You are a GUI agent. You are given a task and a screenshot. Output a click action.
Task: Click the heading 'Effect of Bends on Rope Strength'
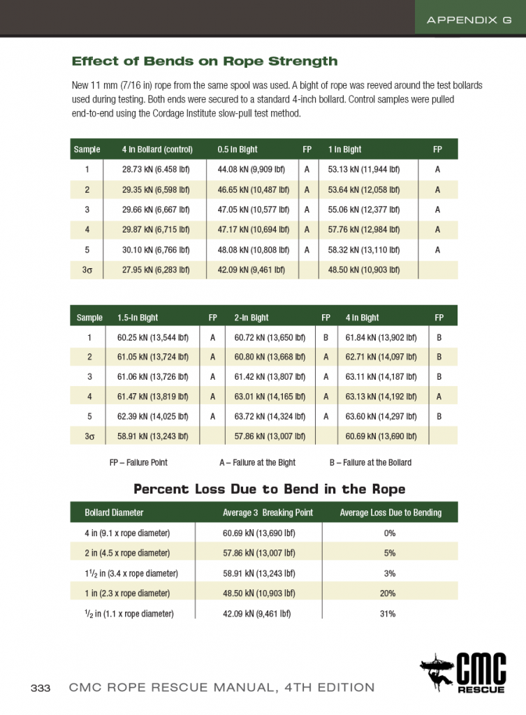[x=205, y=61]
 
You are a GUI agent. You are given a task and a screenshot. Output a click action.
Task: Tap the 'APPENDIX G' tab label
[x=470, y=20]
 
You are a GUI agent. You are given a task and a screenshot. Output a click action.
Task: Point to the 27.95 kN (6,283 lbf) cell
[x=156, y=270]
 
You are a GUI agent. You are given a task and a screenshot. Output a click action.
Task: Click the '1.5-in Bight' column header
[x=138, y=318]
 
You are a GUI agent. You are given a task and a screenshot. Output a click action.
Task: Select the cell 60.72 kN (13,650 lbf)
[x=268, y=337]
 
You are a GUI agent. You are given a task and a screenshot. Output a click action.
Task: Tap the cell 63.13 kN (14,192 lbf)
[x=381, y=397]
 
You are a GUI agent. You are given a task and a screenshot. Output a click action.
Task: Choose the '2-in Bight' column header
[x=251, y=318]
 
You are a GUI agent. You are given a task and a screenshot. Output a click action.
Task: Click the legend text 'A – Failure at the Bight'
[x=257, y=462]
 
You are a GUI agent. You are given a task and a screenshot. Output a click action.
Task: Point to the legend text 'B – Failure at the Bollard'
[x=370, y=462]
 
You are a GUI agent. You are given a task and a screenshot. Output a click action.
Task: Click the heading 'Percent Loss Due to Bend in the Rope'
[x=270, y=489]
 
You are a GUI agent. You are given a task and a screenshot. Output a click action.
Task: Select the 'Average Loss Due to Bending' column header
[x=390, y=513]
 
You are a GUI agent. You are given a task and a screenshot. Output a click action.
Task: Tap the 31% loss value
[x=389, y=614]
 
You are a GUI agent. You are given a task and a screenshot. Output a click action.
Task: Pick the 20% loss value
[x=389, y=594]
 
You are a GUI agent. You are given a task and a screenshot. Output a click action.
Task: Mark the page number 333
[x=41, y=688]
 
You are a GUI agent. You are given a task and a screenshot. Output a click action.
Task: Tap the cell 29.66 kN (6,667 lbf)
[x=156, y=209]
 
